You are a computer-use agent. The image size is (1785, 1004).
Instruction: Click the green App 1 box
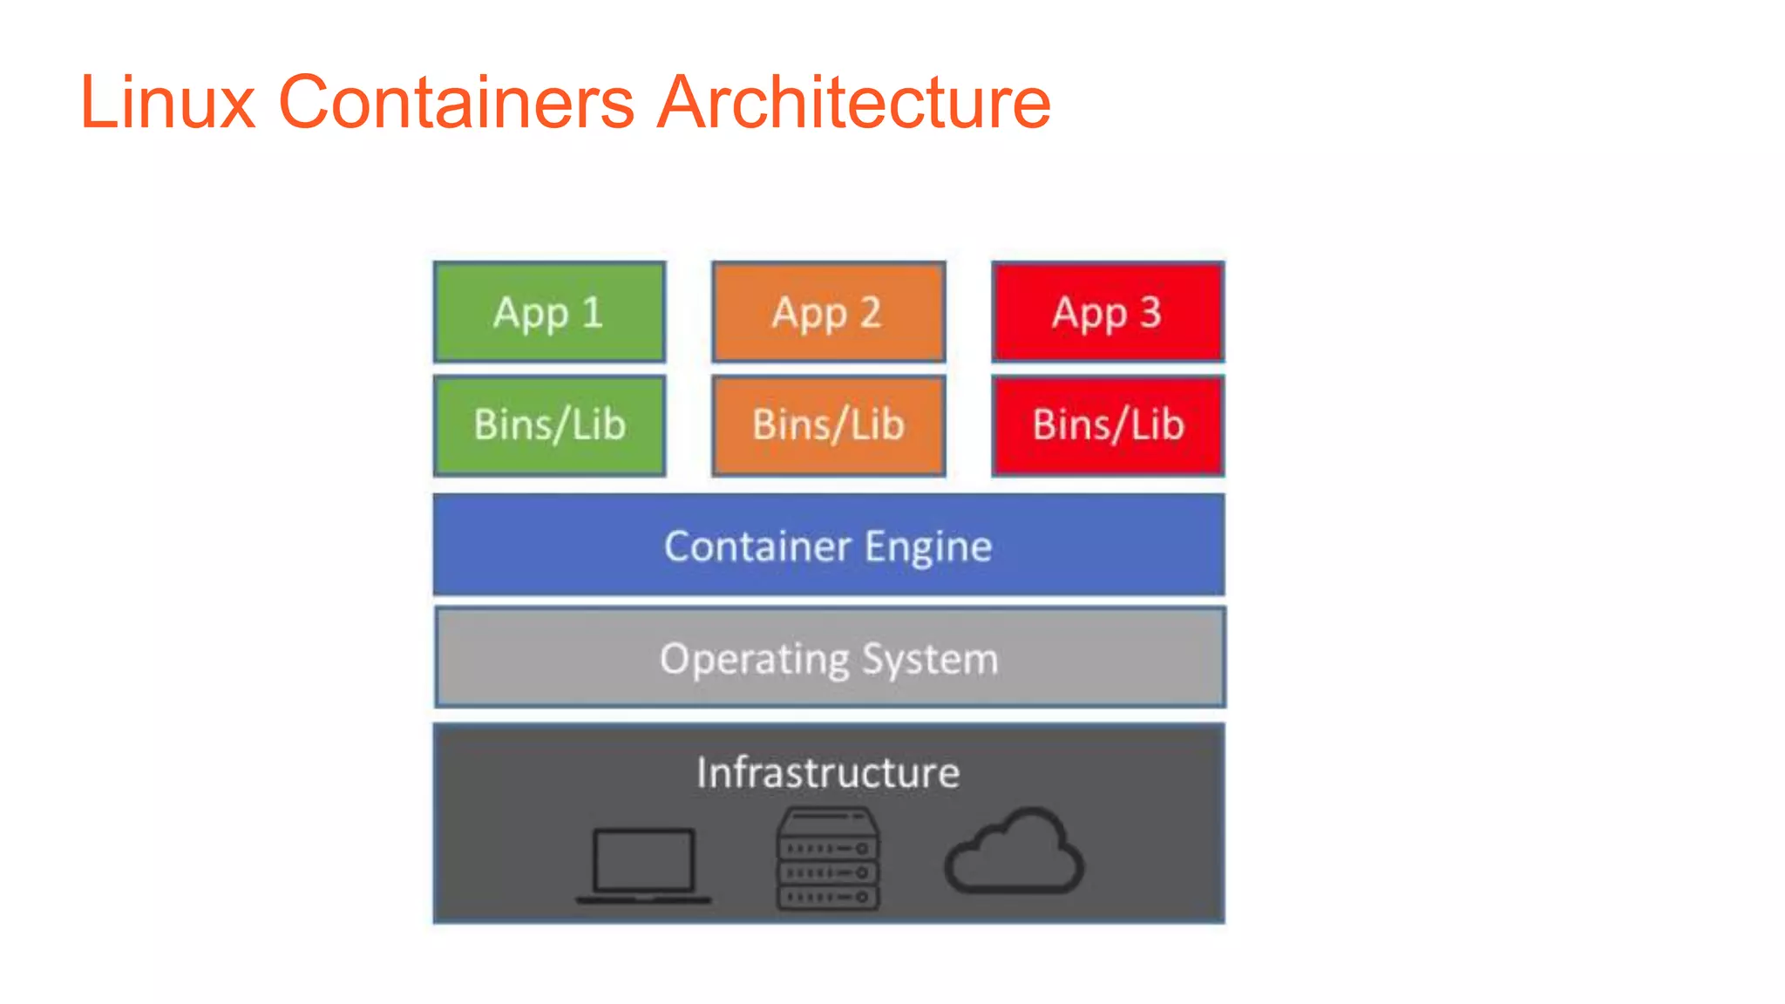tap(549, 312)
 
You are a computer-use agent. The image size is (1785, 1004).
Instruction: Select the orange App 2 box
tap(828, 312)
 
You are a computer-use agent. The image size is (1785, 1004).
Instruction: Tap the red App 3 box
tap(1107, 312)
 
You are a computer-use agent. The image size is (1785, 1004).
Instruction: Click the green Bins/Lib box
tap(549, 425)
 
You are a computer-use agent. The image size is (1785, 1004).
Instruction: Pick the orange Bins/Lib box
tap(828, 425)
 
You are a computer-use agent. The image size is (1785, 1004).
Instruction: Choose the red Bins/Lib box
tap(1107, 425)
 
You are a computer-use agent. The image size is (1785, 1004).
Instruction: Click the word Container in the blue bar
tap(757, 546)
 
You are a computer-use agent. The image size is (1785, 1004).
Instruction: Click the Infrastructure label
tap(828, 773)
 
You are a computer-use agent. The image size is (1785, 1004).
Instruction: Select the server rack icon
tap(827, 859)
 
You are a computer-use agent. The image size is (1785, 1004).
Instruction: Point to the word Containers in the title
tap(456, 102)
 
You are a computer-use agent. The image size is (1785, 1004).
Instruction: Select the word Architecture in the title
tap(853, 102)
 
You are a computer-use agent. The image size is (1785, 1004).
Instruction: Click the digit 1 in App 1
tap(593, 312)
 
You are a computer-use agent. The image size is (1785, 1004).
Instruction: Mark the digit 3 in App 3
tap(1150, 312)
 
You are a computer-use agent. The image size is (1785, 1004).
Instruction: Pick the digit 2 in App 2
tap(871, 312)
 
